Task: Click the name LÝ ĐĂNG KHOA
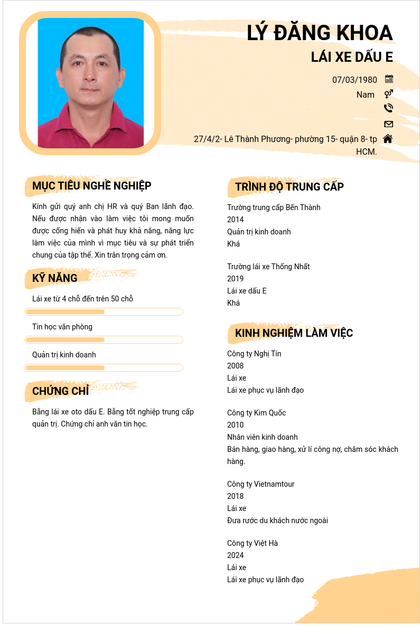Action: (320, 33)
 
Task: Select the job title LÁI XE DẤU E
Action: (352, 57)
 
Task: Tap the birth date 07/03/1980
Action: (354, 80)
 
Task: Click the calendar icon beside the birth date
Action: (389, 79)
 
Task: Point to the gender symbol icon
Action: (388, 94)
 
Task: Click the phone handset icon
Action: (388, 108)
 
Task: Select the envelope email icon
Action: (388, 124)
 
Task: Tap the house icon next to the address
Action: (388, 138)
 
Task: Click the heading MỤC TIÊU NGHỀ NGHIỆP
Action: (92, 186)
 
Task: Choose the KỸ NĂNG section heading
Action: (55, 278)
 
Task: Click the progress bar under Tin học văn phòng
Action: (104, 339)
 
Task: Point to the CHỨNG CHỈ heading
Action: (61, 391)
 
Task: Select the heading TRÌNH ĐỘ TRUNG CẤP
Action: (290, 187)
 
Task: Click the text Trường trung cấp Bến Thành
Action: (274, 207)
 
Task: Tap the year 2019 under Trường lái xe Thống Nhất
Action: (236, 279)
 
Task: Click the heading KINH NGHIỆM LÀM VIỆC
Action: (294, 333)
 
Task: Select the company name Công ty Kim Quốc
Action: (256, 413)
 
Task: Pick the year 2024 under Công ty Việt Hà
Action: (236, 555)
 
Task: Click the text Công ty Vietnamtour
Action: (260, 484)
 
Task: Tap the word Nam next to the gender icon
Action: (365, 95)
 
